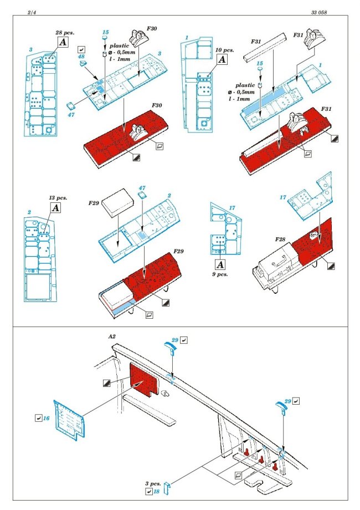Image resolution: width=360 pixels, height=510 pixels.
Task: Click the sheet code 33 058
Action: point(318,13)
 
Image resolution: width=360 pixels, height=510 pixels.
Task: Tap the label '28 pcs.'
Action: point(65,33)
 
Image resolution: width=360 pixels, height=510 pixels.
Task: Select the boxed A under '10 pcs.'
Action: point(222,59)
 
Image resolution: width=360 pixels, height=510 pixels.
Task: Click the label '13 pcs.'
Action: point(58,198)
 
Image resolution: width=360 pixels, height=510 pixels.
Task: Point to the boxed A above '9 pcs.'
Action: point(220,264)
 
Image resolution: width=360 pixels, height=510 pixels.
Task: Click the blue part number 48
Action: point(81,57)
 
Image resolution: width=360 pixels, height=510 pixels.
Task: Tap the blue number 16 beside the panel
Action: point(46,418)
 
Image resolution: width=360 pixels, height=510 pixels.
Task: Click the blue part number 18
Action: point(156,492)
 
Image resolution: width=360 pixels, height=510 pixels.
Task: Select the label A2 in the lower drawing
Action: point(111,336)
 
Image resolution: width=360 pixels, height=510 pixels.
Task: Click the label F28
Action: point(280,239)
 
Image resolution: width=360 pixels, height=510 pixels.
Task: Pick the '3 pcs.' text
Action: point(153,483)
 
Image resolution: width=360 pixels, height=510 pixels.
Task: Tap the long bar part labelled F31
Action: point(265,48)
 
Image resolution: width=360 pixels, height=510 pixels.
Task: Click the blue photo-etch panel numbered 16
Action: point(70,420)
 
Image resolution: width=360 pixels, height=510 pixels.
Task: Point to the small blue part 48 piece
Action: point(84,63)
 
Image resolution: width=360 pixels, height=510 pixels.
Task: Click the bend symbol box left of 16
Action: point(38,418)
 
